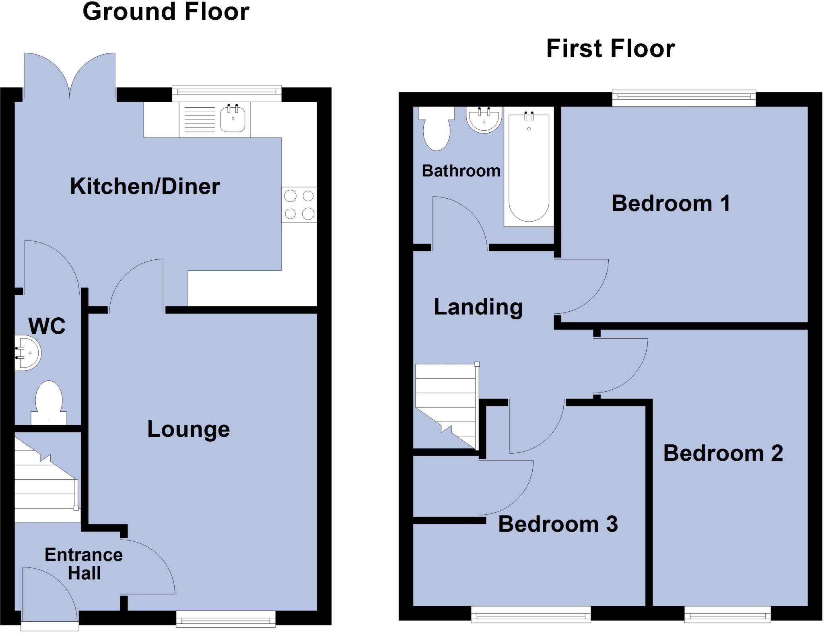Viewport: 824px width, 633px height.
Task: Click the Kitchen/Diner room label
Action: tap(145, 187)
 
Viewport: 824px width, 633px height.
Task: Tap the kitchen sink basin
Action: tap(233, 118)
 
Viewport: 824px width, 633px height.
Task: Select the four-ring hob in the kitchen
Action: tap(299, 205)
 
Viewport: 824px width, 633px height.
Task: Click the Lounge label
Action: tap(188, 429)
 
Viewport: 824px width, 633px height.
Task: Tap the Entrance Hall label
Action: tap(84, 564)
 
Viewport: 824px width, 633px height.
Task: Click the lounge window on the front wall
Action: tap(226, 619)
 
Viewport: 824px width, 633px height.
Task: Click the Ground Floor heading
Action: tap(166, 11)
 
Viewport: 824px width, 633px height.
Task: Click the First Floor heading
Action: tap(610, 49)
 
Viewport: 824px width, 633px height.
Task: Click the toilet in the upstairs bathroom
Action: tap(437, 129)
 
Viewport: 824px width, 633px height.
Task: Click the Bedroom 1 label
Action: tap(671, 203)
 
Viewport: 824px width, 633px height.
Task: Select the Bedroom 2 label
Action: tap(723, 453)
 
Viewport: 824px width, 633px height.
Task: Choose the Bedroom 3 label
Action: tap(558, 524)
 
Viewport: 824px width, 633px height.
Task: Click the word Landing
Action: tap(478, 307)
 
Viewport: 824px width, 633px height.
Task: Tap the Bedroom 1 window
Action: tap(684, 99)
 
